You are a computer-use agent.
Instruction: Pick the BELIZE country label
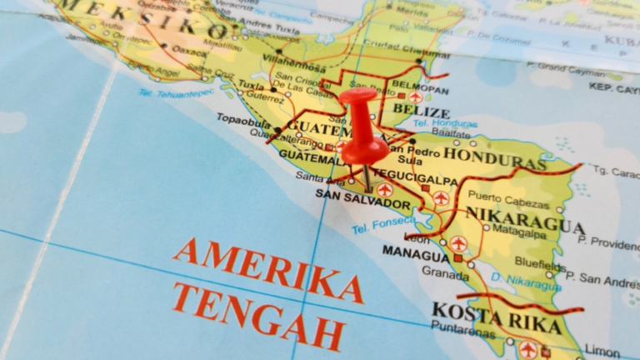point(421,112)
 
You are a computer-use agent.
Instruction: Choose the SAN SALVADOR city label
point(362,204)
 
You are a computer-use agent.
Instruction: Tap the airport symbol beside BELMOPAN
point(415,97)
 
